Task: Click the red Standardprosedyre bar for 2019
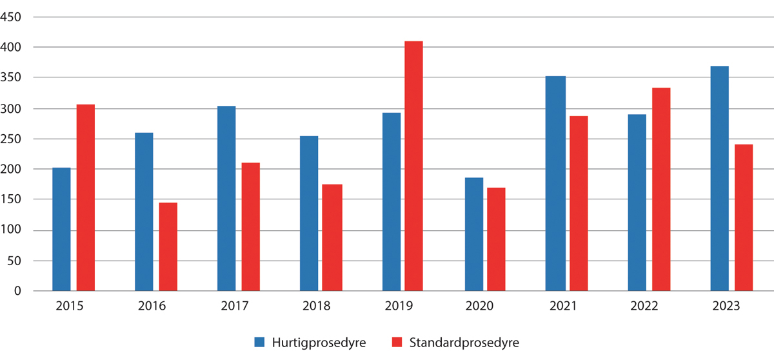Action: [x=413, y=166]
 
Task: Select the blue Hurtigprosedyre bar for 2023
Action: [x=719, y=179]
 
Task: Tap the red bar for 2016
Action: [x=168, y=247]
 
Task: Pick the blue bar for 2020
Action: [x=474, y=234]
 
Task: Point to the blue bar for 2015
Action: [x=61, y=229]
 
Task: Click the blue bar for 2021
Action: [x=555, y=184]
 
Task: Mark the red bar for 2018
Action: [x=332, y=237]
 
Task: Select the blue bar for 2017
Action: [x=226, y=199]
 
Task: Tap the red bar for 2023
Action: [x=744, y=217]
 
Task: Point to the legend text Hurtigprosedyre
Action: [x=319, y=342]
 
